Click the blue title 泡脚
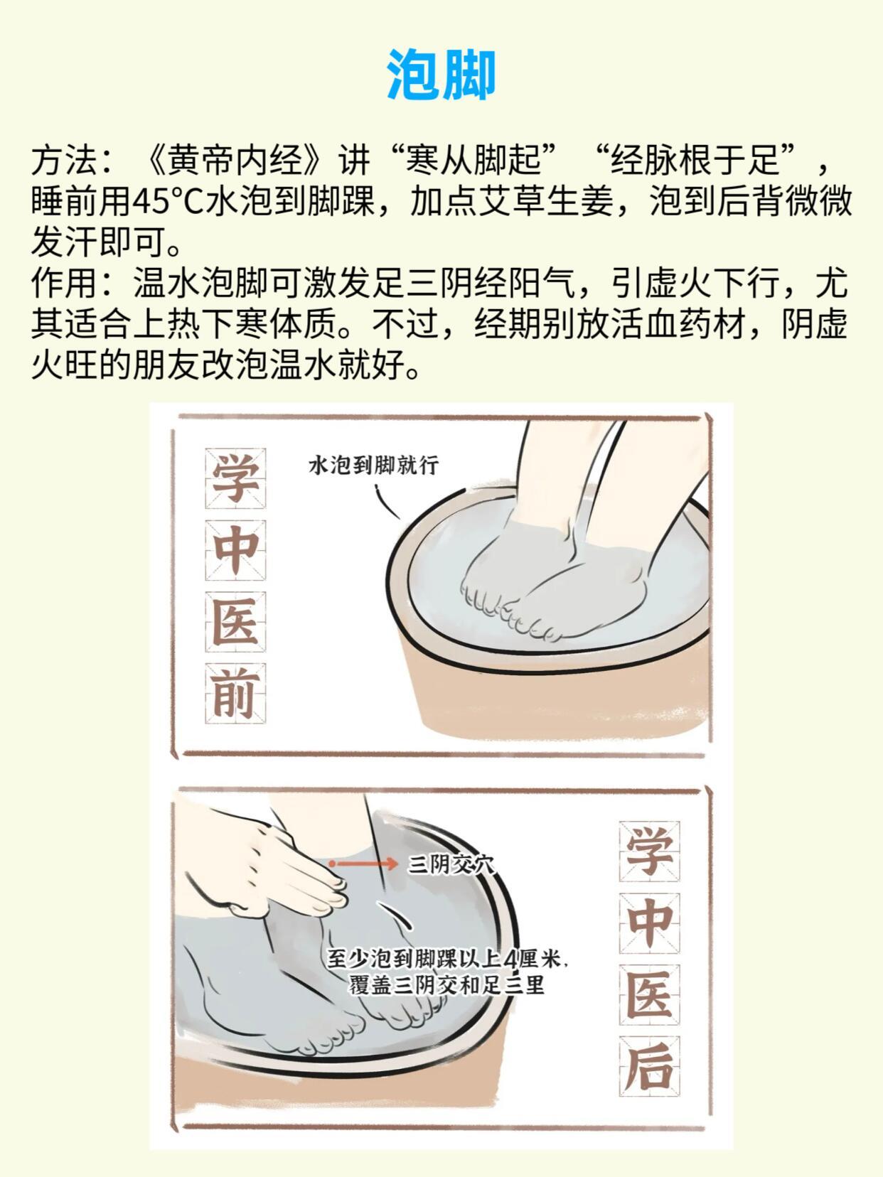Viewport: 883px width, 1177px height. pos(441,75)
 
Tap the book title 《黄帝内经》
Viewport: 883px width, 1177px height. pos(235,160)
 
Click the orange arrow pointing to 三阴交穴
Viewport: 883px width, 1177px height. pos(363,864)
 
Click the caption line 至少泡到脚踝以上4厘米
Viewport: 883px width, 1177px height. pos(446,959)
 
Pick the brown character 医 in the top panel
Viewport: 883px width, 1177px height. pos(235,622)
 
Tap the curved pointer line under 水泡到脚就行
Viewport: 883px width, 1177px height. pos(386,502)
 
